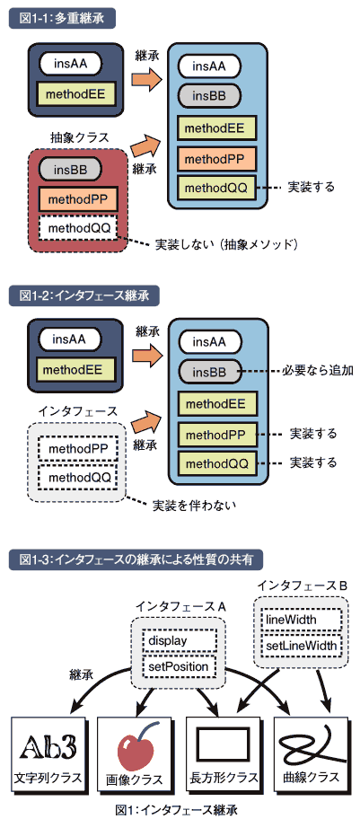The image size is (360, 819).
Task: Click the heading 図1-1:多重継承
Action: point(62,18)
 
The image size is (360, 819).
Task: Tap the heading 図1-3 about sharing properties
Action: point(136,560)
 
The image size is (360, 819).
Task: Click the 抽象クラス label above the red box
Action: point(79,138)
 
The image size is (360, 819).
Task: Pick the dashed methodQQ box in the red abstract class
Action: point(77,229)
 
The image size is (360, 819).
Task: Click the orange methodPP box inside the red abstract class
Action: point(77,199)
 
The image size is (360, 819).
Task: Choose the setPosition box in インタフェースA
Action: point(180,666)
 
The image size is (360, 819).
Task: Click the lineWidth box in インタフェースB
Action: point(301,620)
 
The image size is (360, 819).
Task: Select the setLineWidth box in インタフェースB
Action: point(301,646)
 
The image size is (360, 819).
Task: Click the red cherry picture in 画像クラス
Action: point(136,747)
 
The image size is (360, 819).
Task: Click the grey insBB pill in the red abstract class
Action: point(69,169)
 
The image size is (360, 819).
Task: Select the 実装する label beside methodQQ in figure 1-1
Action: point(311,187)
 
